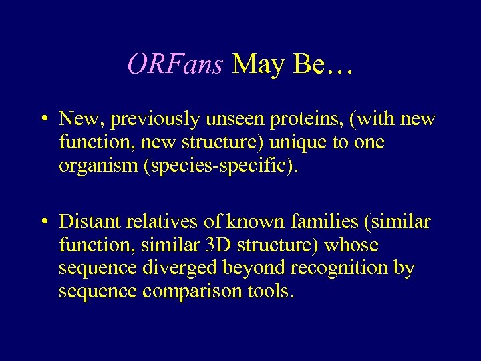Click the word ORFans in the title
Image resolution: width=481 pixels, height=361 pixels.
pyautogui.click(x=175, y=64)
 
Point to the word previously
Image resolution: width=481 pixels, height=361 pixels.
pyautogui.click(x=155, y=120)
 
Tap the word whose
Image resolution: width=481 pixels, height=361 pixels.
pyautogui.click(x=351, y=245)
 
